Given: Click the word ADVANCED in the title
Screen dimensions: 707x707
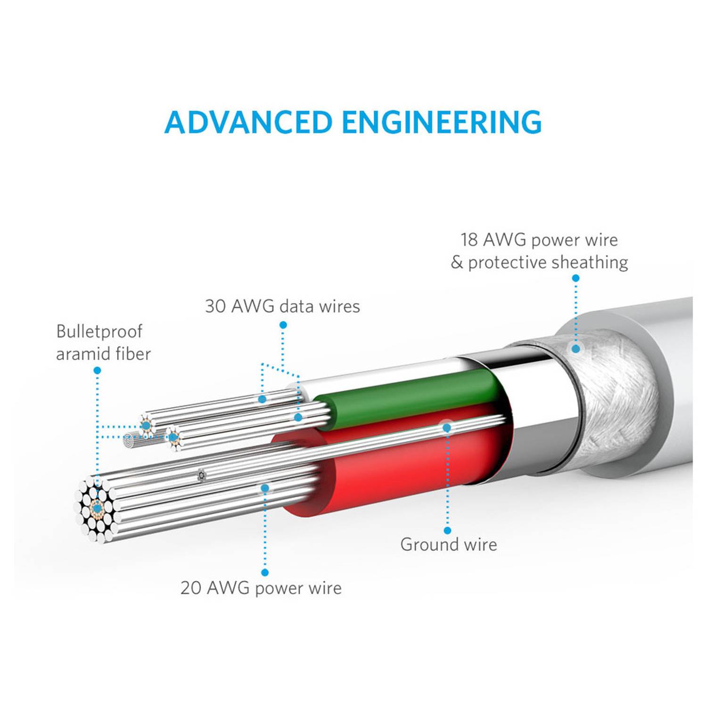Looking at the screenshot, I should pos(248,122).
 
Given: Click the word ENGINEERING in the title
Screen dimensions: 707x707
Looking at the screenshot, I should pos(442,122).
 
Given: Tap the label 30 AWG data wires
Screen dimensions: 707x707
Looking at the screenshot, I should pos(282,306).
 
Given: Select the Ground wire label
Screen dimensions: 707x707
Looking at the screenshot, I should pos(448,544).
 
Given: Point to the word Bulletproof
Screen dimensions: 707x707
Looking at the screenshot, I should pos(99,331).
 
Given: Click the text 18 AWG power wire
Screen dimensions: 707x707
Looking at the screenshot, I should pos(539,240).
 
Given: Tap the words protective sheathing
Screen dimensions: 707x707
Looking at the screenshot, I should pos(548,263).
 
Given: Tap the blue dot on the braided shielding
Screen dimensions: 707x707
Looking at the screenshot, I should pos(575,349).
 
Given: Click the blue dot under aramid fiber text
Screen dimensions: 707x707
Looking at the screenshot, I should pos(97,370).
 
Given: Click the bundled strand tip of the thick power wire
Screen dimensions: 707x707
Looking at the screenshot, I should pos(97,508).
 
